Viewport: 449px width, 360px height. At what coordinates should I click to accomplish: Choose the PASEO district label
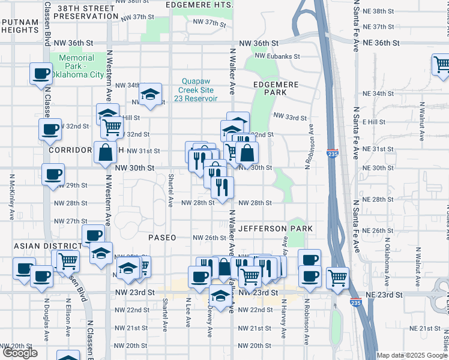(x=163, y=238)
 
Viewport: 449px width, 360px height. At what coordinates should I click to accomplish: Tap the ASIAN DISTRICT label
(x=40, y=246)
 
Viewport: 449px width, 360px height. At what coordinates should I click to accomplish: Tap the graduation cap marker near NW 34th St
(x=150, y=94)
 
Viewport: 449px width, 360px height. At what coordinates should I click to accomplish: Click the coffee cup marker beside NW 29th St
(x=53, y=175)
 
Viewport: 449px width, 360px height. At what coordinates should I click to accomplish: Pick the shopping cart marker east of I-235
(x=338, y=278)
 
